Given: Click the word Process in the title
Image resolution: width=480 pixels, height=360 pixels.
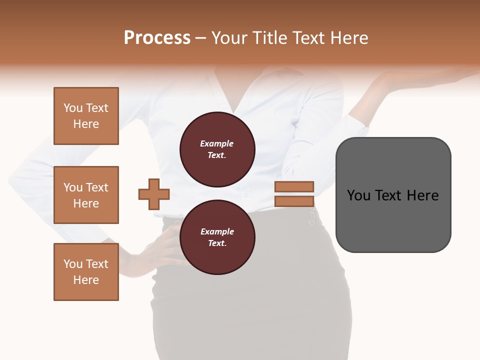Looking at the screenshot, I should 157,38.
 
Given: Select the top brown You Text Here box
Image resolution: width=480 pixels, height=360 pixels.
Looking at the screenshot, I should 86,116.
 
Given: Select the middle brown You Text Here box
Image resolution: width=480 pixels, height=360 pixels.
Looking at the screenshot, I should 86,195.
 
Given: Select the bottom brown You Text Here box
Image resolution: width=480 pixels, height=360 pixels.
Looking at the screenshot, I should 86,272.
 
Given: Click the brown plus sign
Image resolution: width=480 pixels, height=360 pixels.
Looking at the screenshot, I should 154,194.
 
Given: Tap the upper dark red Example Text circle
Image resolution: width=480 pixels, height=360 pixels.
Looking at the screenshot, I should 217,149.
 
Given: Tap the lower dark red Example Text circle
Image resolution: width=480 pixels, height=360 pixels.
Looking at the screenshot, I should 217,237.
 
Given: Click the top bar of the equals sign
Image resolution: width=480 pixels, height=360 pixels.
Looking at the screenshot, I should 294,187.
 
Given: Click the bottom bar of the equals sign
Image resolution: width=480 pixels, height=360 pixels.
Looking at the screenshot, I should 294,201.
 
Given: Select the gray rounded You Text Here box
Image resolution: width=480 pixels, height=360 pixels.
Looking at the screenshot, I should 393,195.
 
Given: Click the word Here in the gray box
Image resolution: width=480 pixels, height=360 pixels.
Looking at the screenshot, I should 422,195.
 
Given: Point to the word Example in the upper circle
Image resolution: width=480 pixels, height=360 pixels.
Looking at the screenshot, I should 217,143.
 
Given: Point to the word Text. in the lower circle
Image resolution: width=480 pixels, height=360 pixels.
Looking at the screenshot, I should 217,243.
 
